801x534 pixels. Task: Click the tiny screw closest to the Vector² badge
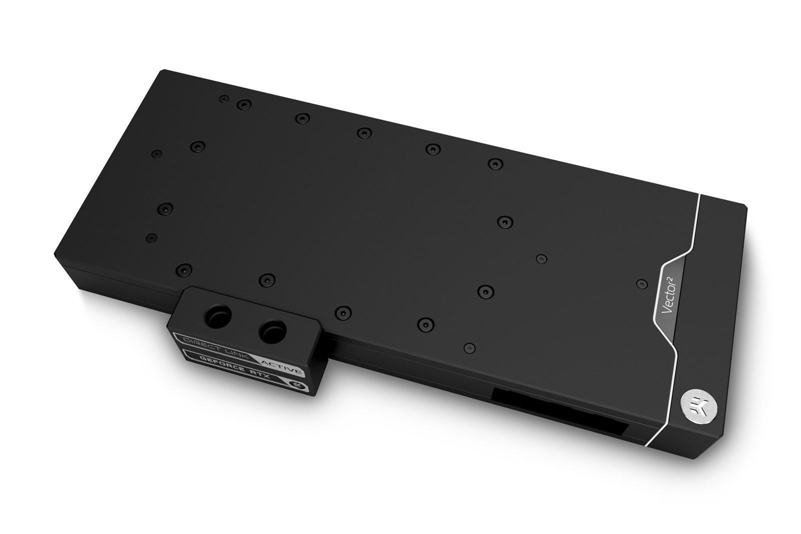click(639, 284)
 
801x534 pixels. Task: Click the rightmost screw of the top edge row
click(495, 163)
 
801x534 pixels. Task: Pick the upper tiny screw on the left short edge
click(157, 153)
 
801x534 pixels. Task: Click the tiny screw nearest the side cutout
click(468, 346)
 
